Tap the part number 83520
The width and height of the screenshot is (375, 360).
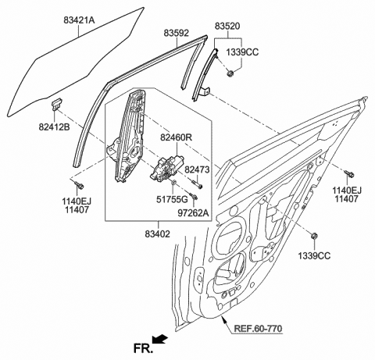tap(227, 26)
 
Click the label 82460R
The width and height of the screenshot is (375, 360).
tap(177, 138)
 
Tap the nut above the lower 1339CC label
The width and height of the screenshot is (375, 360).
tap(314, 236)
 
